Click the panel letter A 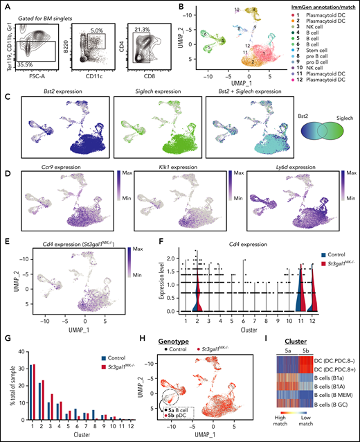(x=6, y=7)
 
